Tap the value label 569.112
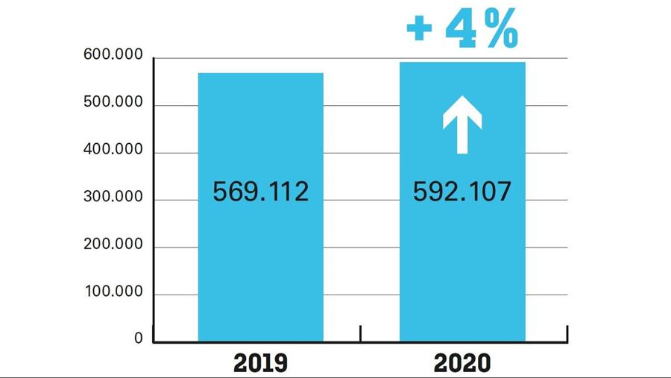click(x=260, y=192)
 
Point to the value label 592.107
click(x=462, y=192)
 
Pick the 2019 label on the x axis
click(x=260, y=363)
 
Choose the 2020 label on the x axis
click(x=462, y=363)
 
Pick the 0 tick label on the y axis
click(x=138, y=338)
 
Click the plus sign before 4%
click(x=420, y=30)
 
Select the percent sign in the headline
click(x=501, y=30)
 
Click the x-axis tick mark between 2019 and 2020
click(x=361, y=333)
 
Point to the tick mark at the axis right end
click(x=567, y=333)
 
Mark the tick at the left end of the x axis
click(x=154, y=333)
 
